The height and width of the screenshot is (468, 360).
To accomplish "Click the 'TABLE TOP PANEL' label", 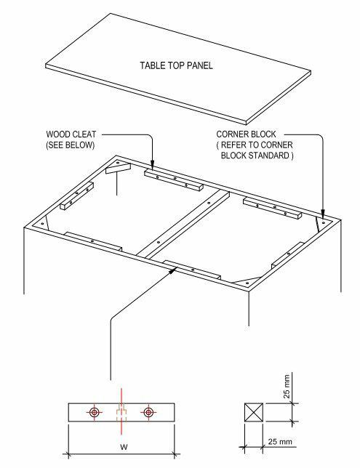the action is [176, 65].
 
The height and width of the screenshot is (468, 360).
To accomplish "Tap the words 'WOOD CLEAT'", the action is [71, 134].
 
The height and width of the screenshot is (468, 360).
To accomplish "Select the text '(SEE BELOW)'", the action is [71, 145].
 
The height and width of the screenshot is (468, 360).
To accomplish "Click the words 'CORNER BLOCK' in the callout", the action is [246, 134].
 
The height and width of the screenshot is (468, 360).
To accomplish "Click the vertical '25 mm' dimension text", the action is [287, 387].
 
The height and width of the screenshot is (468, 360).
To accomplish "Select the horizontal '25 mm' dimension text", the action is [280, 441].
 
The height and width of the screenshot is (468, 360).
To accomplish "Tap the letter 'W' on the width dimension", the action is [124, 447].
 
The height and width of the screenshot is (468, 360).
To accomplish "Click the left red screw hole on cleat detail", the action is [95, 413].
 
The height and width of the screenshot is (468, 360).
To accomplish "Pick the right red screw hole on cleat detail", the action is [148, 413].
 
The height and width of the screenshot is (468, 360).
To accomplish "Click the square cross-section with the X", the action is [254, 413].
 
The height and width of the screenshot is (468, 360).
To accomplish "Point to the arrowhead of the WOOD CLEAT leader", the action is [153, 166].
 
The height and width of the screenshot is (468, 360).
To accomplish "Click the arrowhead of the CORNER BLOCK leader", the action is [323, 215].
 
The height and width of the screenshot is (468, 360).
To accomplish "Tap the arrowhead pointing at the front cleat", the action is [172, 270].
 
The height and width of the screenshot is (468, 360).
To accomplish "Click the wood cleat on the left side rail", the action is [77, 195].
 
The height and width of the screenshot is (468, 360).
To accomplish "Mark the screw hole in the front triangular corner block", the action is [247, 283].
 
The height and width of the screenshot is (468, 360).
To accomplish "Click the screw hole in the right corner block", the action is [323, 223].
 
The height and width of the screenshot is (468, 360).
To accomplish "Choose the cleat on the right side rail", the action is [288, 255].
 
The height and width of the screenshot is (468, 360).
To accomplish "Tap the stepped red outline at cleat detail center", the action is [121, 413].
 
